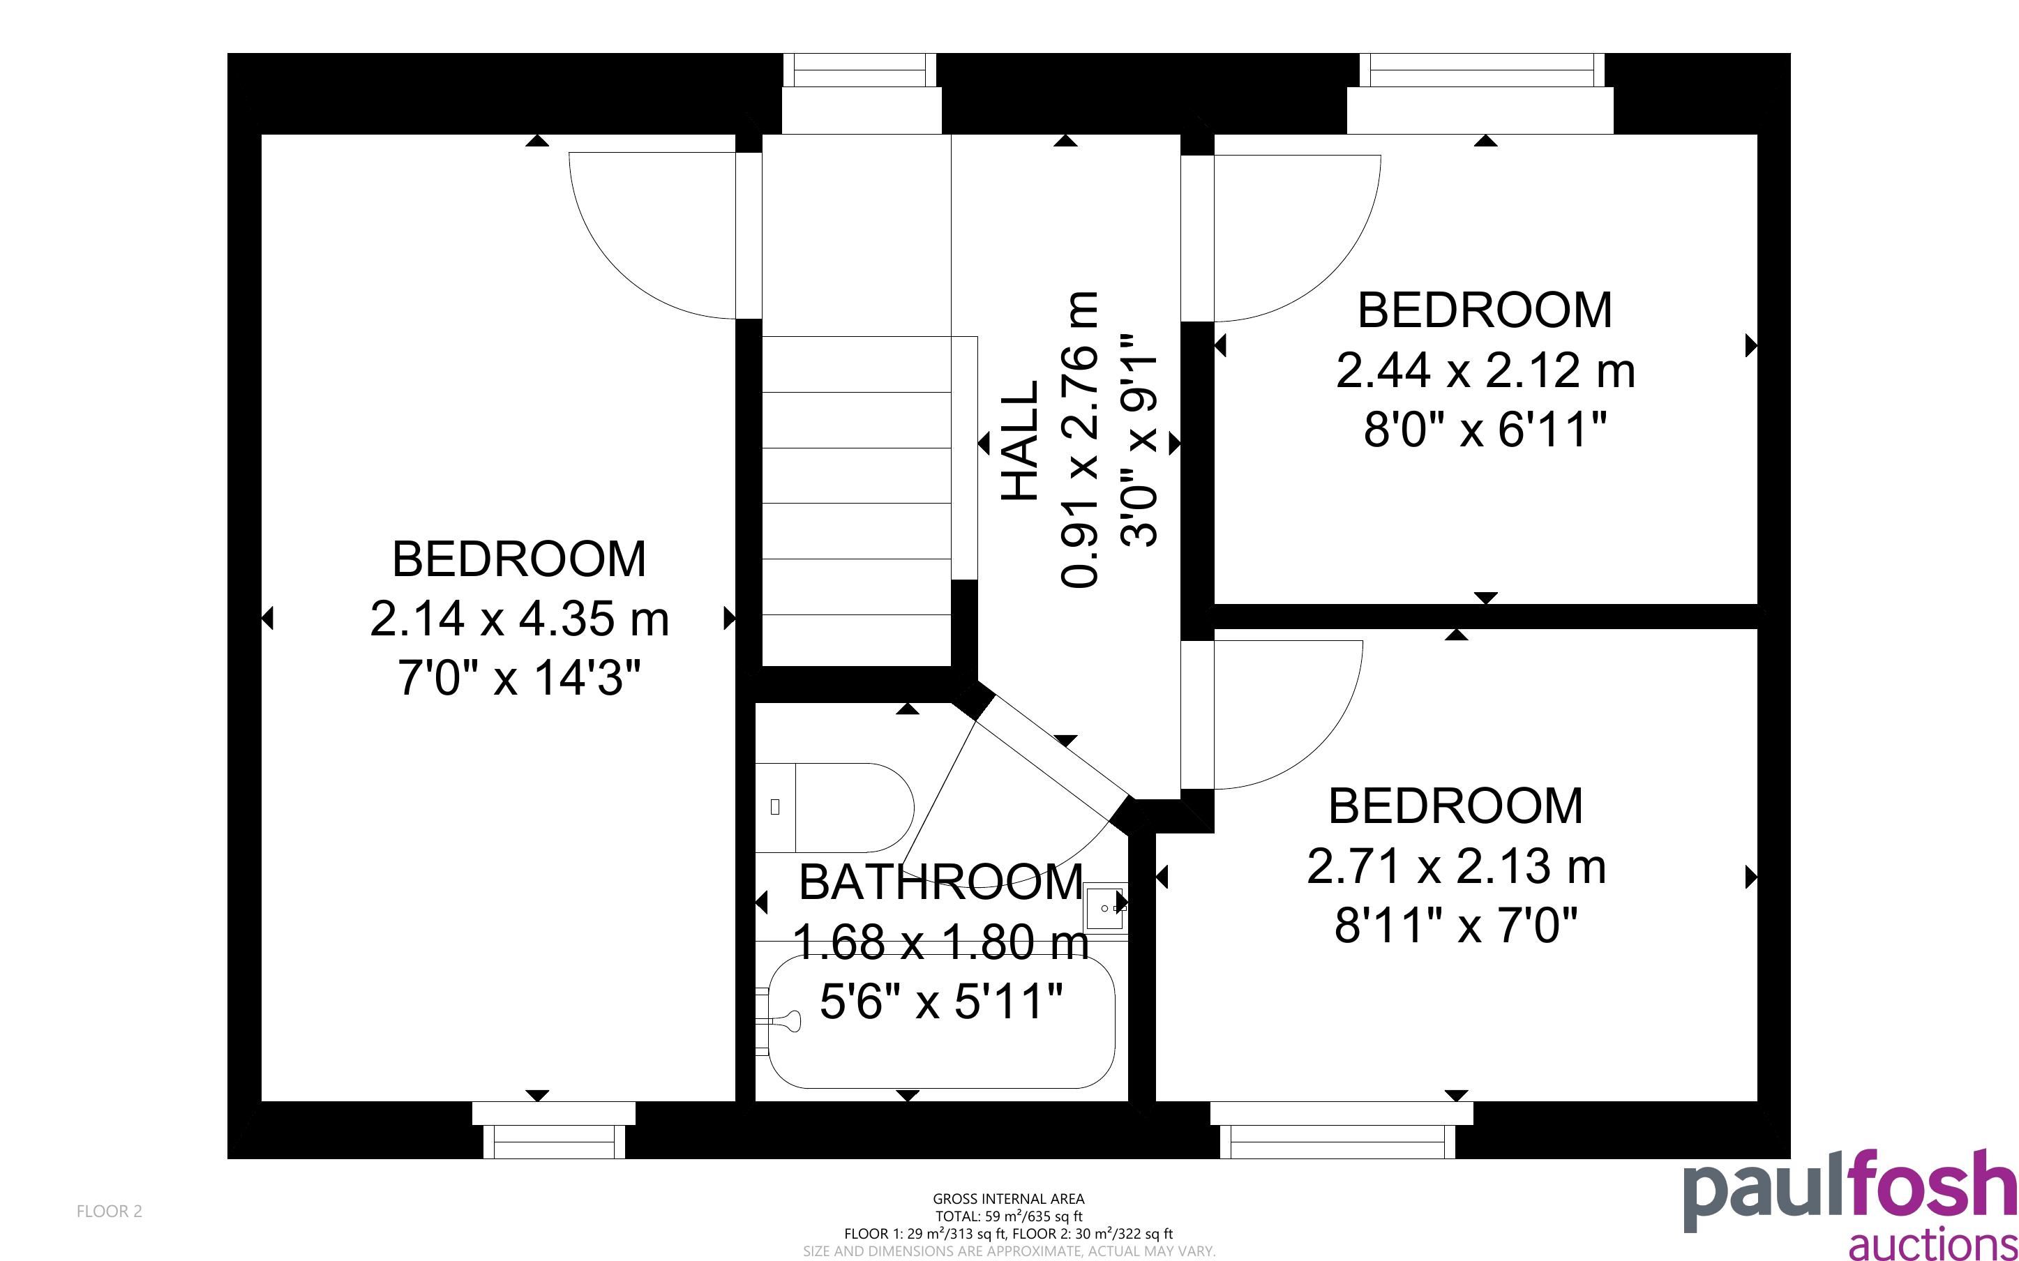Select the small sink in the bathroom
pos(1106,907)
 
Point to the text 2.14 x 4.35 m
pos(519,619)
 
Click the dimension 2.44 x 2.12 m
pos(1485,370)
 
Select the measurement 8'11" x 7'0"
pos(1456,926)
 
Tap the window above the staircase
pos(860,69)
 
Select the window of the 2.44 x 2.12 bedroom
pos(1482,69)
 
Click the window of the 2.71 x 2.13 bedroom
pos(1337,1141)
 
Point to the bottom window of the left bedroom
pos(555,1141)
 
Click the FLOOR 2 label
pos(110,1211)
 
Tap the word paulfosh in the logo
pos(1849,1191)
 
